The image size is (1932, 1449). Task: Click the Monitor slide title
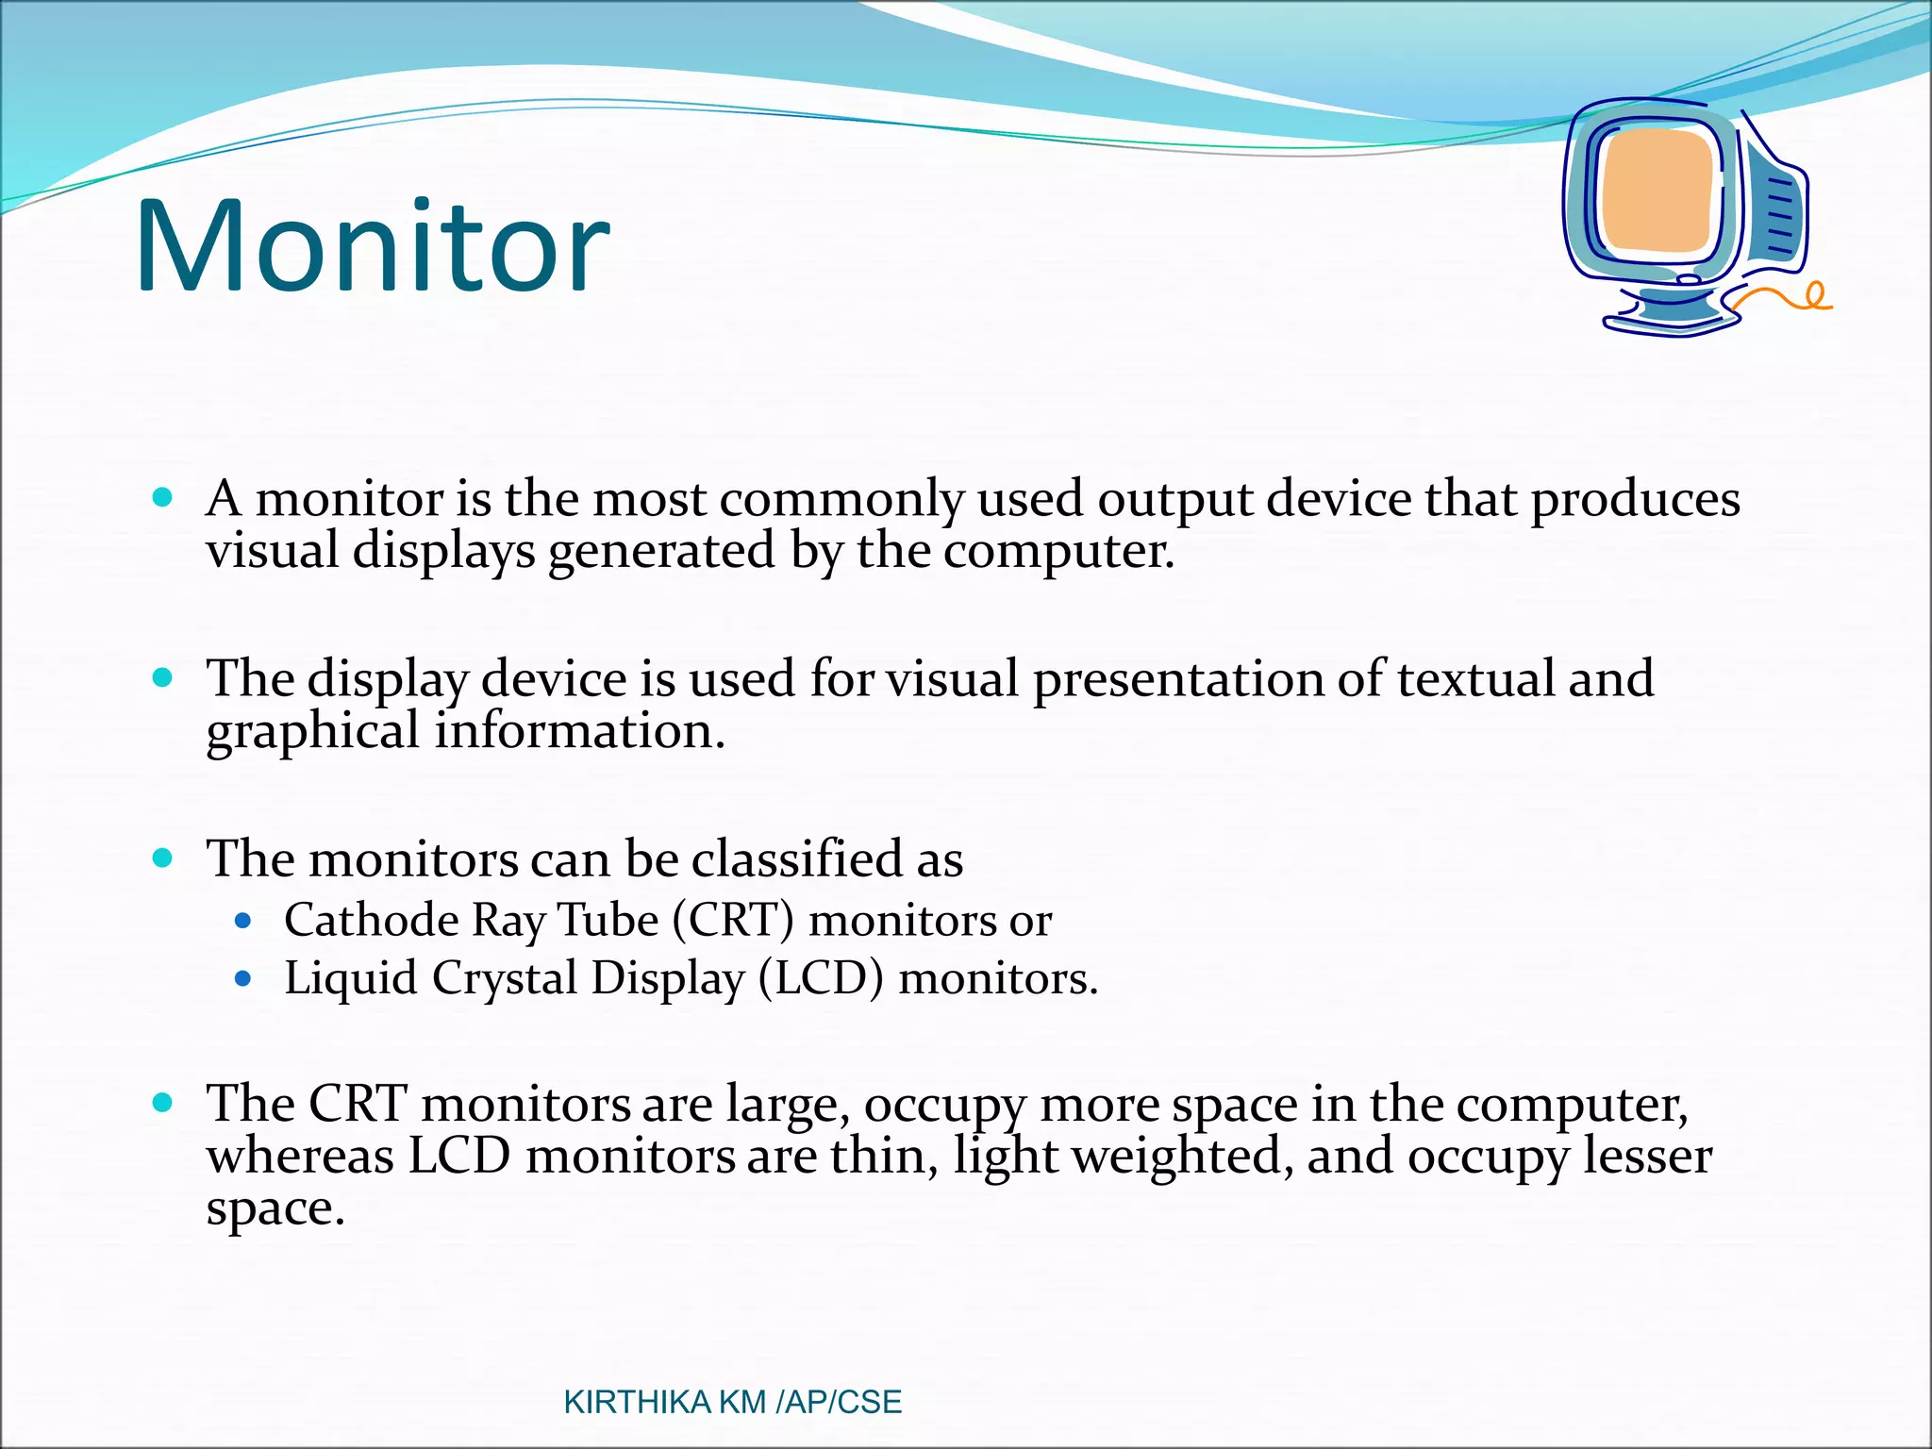(x=373, y=247)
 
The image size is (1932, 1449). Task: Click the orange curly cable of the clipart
(x=1788, y=300)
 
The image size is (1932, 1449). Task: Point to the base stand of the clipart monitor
(x=1670, y=315)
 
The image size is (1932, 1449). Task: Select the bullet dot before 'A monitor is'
(x=163, y=497)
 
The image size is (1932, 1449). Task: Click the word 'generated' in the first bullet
(x=661, y=551)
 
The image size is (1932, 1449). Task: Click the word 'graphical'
(x=312, y=732)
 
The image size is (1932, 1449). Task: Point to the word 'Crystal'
(x=505, y=979)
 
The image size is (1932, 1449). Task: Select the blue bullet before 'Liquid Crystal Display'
(x=243, y=979)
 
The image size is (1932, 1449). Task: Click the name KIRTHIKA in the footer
(x=637, y=1402)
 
